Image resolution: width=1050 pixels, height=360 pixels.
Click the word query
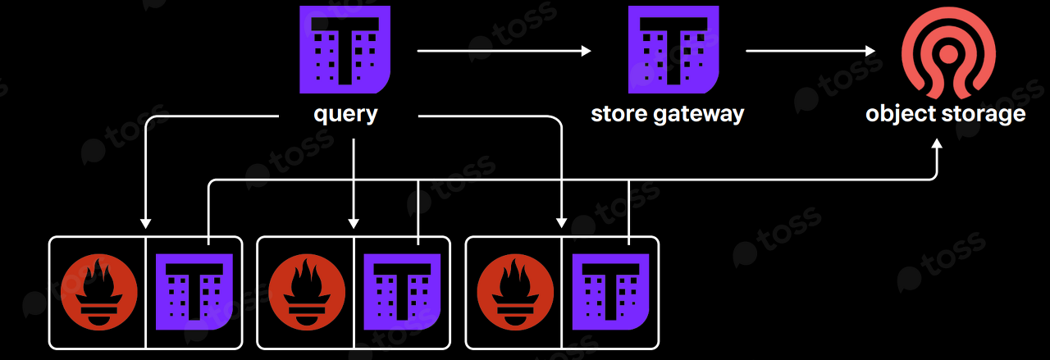pos(345,113)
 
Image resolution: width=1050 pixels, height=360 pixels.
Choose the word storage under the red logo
pos(984,113)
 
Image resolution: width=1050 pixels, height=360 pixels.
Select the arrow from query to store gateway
pos(504,52)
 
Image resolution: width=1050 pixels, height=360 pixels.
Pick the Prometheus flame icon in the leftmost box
pos(98,293)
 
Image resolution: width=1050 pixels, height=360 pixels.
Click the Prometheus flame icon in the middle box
pos(306,293)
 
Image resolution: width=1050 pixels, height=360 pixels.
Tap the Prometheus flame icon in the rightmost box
pos(514,293)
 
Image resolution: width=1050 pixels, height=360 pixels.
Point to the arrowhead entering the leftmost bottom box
pos(145,222)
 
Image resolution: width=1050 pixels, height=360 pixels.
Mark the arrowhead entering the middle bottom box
pos(354,222)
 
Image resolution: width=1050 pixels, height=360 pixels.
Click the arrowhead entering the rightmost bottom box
pos(562,222)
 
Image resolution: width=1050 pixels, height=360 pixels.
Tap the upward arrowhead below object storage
pos(938,144)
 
